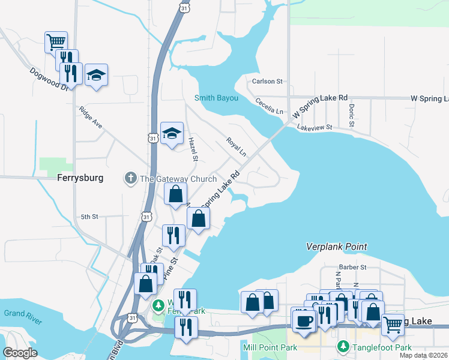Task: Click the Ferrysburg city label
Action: pyautogui.click(x=80, y=178)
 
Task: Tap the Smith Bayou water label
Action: pyautogui.click(x=217, y=98)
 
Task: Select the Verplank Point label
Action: pyautogui.click(x=336, y=247)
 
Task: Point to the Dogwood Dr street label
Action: pyautogui.click(x=49, y=79)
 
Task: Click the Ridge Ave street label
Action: pyautogui.click(x=90, y=118)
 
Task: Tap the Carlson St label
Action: pyautogui.click(x=267, y=81)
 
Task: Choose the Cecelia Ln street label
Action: pyautogui.click(x=269, y=107)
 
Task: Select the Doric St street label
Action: pyautogui.click(x=351, y=115)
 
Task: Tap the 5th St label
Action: pyautogui.click(x=89, y=217)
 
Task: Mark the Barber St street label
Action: pyautogui.click(x=352, y=267)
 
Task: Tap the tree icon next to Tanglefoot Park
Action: pyautogui.click(x=343, y=347)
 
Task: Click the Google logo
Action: pyautogui.click(x=20, y=353)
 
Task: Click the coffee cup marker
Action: pyautogui.click(x=304, y=319)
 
